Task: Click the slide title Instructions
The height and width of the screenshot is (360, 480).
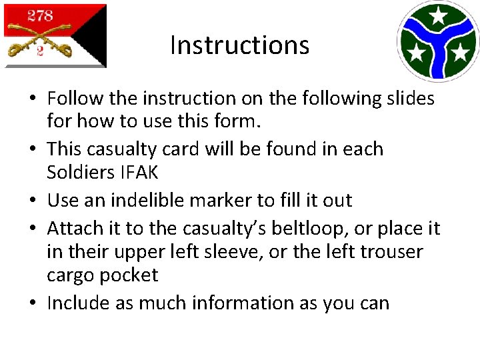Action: click(239, 45)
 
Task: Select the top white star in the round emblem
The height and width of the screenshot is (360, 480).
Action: click(438, 15)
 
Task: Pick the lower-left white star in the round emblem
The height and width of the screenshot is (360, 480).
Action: click(416, 53)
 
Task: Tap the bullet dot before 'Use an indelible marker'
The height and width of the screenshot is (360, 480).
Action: click(32, 201)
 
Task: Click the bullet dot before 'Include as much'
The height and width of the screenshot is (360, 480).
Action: click(32, 304)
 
